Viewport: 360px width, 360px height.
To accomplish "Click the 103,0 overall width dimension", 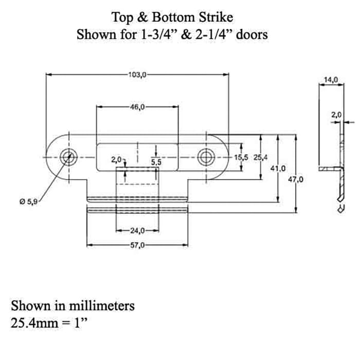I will tap(137, 74).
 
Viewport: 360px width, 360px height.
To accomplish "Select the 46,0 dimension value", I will tap(137, 107).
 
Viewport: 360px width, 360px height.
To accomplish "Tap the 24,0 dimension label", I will tap(137, 230).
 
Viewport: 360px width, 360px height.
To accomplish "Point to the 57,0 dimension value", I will tap(137, 245).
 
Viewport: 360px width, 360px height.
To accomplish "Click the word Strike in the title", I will tap(215, 17).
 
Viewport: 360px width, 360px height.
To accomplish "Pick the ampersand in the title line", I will tap(141, 17).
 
